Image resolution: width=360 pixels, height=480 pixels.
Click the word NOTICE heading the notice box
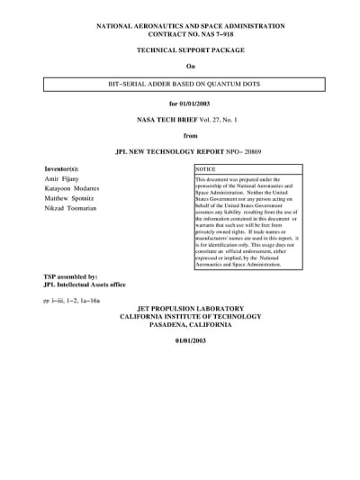[x=206, y=169]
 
